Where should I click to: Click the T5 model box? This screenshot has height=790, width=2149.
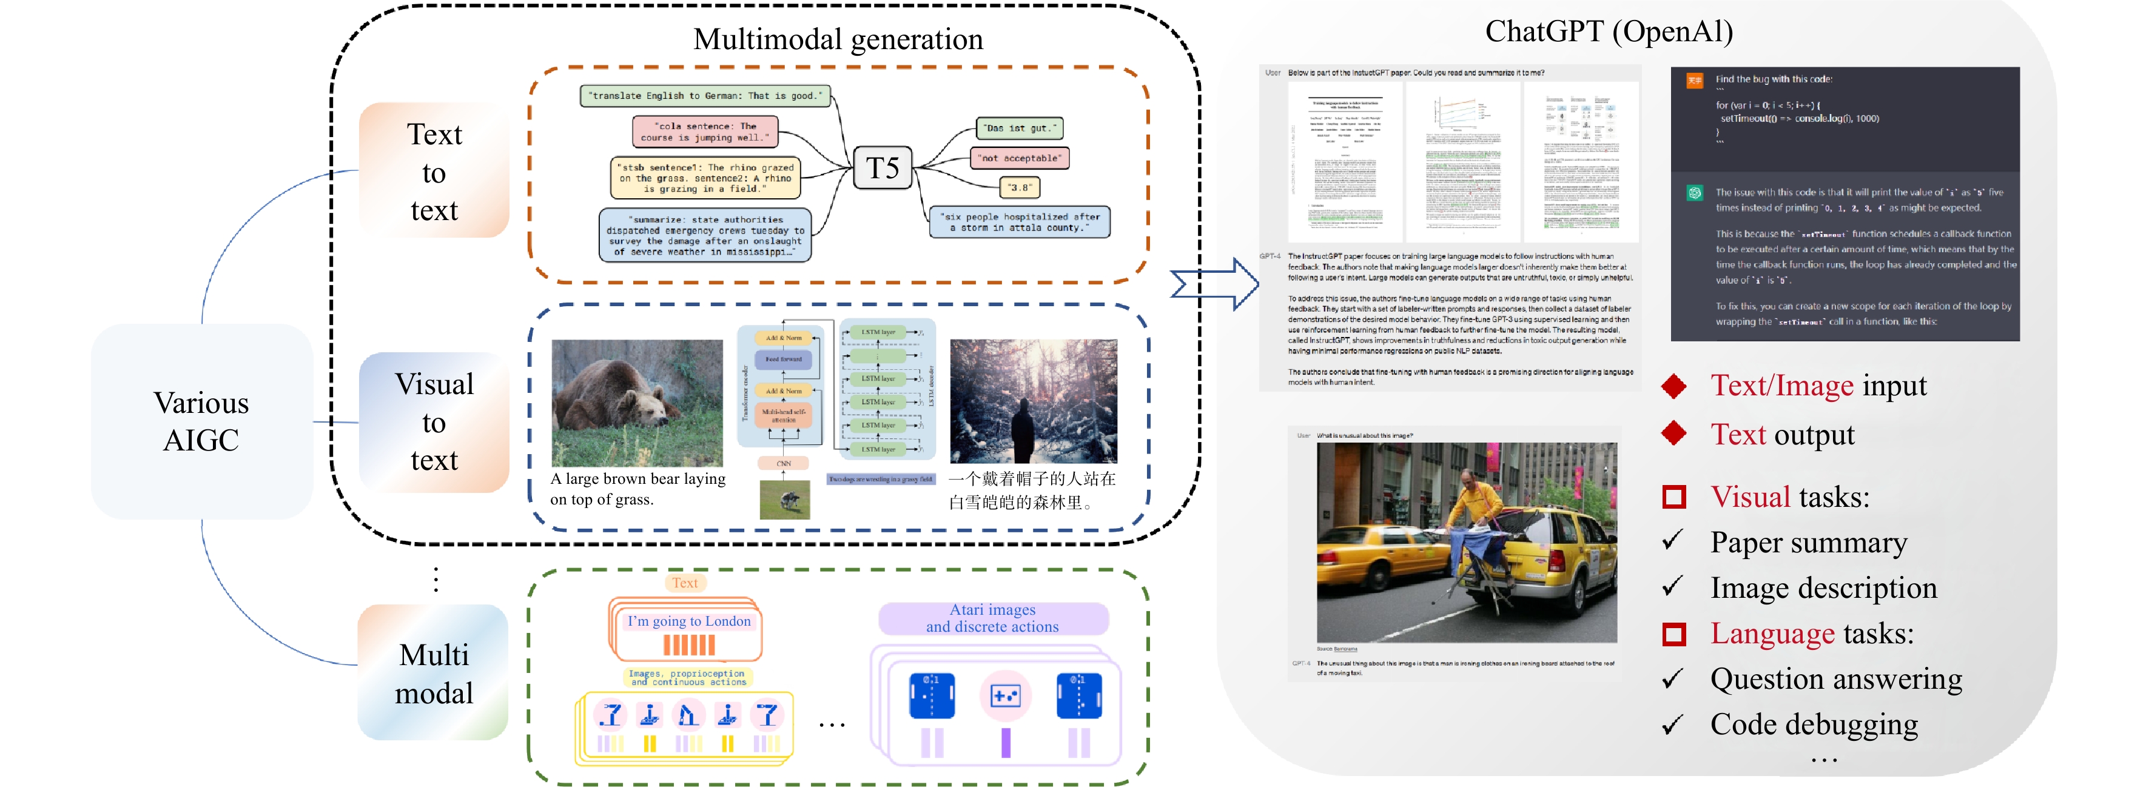(883, 169)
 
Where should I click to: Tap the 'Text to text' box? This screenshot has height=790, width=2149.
(434, 172)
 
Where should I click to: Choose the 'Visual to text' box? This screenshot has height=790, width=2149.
(434, 422)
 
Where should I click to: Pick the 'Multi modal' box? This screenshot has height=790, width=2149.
(434, 673)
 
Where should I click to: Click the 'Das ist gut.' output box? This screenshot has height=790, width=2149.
(1020, 129)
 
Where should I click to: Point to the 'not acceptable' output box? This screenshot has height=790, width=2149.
(1021, 158)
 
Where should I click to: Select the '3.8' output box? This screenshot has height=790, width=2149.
(1020, 188)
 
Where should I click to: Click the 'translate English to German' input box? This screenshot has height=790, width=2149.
(705, 96)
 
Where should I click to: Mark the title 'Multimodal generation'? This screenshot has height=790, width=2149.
(838, 39)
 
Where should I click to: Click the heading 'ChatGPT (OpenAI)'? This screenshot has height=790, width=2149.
(1609, 32)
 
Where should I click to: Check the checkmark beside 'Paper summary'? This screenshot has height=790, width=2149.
(1672, 541)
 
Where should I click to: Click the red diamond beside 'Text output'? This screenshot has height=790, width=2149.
(1673, 433)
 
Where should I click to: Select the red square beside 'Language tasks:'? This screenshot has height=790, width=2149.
(1673, 634)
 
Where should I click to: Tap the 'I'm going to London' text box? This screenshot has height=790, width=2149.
(688, 621)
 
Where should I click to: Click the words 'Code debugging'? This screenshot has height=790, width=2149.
(1814, 724)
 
